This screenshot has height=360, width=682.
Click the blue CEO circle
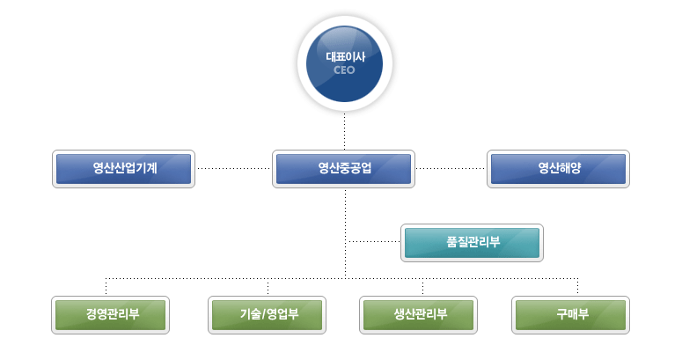coord(344,63)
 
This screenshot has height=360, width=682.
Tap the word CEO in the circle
coord(344,70)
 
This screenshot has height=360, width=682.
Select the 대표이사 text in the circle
coord(346,57)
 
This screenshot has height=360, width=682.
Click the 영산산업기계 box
coord(123,169)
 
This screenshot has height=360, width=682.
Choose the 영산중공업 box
coord(343,169)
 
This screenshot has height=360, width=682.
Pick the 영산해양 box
coord(559,169)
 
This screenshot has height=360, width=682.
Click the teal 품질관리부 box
coord(472,243)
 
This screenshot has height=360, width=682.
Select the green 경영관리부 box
coord(111,315)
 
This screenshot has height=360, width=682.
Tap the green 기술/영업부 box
coord(267,315)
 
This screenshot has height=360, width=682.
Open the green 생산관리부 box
coord(418,315)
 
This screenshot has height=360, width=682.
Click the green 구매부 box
coord(570,315)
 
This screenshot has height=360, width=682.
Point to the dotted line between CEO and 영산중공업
coord(344,131)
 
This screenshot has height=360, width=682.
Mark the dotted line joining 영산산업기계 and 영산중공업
coord(233,168)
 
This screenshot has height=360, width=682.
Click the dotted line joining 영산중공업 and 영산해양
coord(451,168)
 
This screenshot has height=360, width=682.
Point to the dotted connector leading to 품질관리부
coord(374,241)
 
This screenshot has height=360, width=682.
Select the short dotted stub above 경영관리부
coord(106,286)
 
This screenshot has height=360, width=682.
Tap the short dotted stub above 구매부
coord(577,286)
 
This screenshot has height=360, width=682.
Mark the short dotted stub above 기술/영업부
coord(268,286)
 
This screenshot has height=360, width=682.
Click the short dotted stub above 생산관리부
coord(422,286)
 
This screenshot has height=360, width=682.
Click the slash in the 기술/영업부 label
coord(263,314)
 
